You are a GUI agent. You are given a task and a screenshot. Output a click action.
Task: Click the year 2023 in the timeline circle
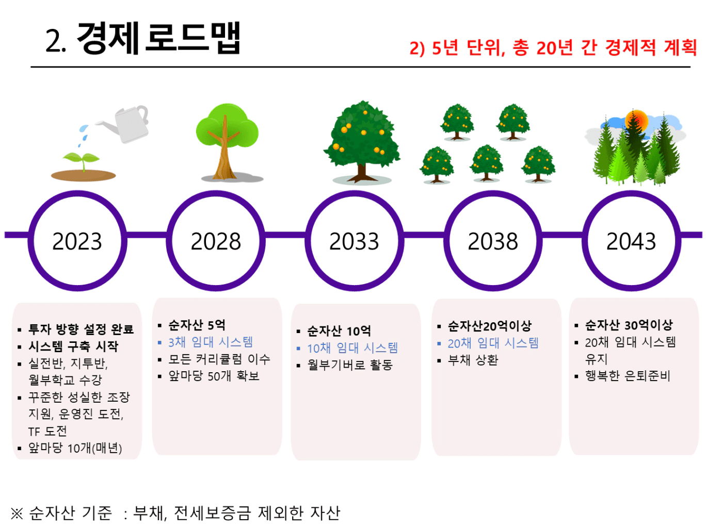(77, 241)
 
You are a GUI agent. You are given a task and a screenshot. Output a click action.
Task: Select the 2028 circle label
(216, 241)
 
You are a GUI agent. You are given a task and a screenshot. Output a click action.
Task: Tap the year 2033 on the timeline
(354, 241)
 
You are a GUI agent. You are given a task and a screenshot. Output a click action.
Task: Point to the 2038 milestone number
(493, 241)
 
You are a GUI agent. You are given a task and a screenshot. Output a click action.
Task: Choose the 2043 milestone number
(631, 241)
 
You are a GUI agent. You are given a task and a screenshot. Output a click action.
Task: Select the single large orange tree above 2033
(362, 141)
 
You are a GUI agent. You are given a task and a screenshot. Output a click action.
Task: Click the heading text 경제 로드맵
(159, 38)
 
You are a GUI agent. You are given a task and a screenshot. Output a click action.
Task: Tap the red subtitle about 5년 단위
(553, 48)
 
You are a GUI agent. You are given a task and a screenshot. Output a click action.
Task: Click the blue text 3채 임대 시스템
(211, 342)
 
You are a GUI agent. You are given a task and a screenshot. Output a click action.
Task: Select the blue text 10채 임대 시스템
(352, 348)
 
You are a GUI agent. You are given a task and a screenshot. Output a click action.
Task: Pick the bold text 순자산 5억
(197, 325)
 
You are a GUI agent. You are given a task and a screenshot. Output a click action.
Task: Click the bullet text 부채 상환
(473, 360)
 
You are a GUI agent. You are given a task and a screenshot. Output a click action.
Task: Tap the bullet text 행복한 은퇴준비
(628, 376)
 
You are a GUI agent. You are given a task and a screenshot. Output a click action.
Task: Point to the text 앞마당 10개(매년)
(75, 448)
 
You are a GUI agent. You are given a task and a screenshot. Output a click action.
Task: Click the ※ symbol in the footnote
(17, 513)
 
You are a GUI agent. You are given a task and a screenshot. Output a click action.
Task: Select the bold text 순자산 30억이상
(629, 325)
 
